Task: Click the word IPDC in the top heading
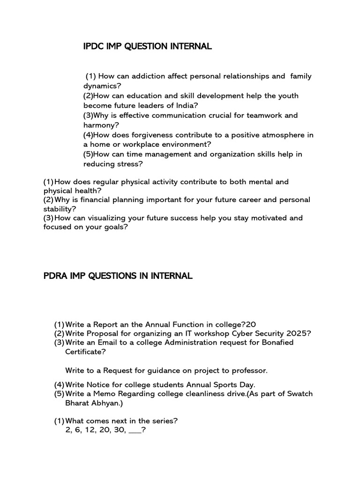(x=93, y=46)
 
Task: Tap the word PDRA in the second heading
(x=55, y=276)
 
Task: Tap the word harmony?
(x=101, y=125)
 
